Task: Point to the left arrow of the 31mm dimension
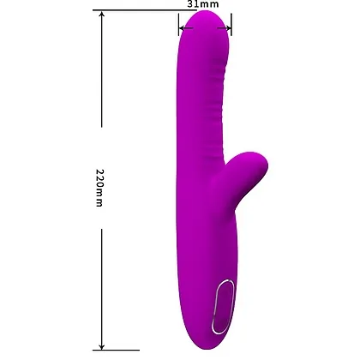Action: [x=184, y=26]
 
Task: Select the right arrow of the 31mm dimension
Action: [x=224, y=26]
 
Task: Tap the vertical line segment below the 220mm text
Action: [x=102, y=283]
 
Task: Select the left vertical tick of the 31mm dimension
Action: [x=179, y=26]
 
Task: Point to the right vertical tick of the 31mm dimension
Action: [x=230, y=26]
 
